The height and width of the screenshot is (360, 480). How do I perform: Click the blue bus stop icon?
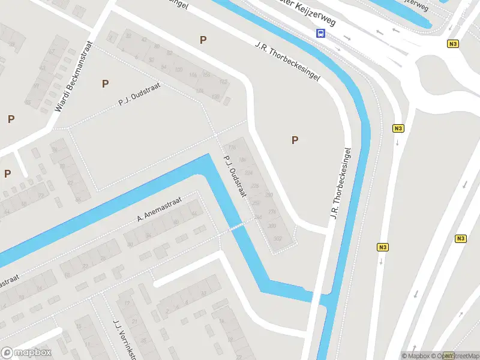321,34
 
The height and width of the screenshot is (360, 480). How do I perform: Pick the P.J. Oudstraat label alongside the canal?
236,179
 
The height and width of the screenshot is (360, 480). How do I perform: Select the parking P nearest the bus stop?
203,40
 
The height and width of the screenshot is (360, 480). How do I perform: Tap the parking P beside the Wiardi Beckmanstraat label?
106,84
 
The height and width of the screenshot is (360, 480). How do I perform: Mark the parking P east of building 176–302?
295,140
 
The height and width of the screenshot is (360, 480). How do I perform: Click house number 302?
277,238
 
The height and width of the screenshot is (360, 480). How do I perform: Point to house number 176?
233,148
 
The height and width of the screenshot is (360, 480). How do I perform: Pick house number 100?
178,70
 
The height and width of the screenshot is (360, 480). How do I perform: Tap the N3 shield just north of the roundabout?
453,44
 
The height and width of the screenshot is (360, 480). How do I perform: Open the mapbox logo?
26,353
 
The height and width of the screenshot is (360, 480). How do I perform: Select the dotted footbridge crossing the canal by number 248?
238,226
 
